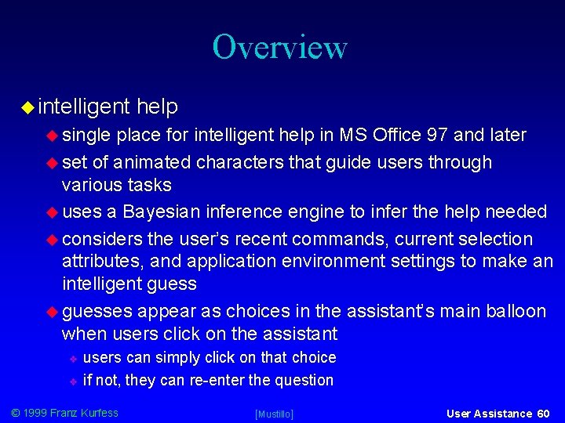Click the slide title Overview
click(x=279, y=47)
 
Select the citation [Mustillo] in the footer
click(x=274, y=414)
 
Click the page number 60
click(x=544, y=413)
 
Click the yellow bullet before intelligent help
click(x=26, y=107)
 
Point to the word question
click(x=303, y=381)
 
